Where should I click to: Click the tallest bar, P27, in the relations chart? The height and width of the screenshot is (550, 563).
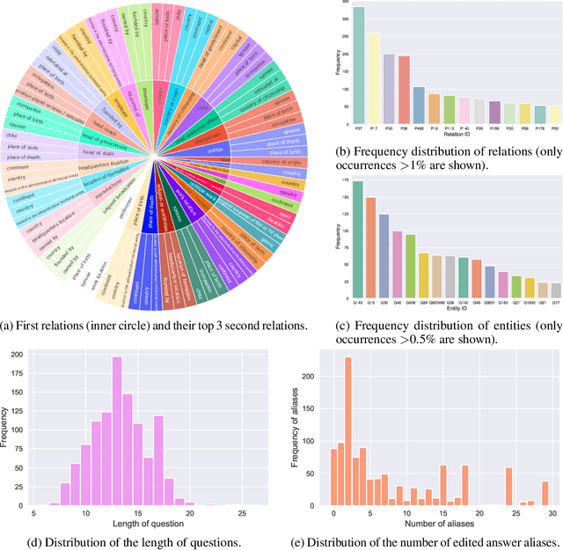pyautogui.click(x=358, y=66)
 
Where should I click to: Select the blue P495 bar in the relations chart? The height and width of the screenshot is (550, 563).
pyautogui.click(x=419, y=106)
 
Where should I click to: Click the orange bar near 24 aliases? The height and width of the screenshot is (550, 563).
pyautogui.click(x=508, y=485)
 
